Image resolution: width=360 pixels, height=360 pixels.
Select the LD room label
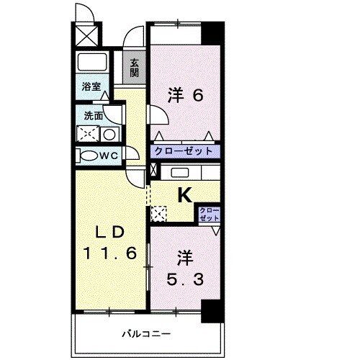[111, 233]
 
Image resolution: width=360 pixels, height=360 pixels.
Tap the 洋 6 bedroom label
[184, 94]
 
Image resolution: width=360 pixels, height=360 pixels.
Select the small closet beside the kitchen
[210, 213]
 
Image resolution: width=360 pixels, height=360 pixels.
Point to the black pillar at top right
[211, 33]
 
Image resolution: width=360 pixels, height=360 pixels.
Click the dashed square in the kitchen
[158, 213]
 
